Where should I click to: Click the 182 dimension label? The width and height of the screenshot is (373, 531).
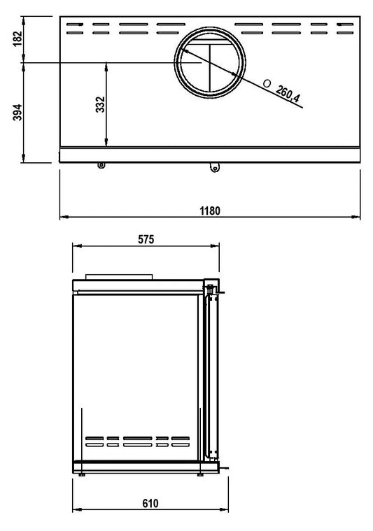[x=18, y=39]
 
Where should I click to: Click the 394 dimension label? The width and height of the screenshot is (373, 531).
[x=17, y=112]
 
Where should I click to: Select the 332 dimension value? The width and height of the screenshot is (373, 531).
[x=101, y=105]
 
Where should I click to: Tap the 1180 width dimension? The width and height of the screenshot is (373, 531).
[x=210, y=211]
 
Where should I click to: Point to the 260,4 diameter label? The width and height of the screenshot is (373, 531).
[x=288, y=94]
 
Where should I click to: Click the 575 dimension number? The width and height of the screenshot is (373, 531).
[x=146, y=239]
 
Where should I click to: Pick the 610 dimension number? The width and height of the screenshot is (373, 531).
[x=150, y=504]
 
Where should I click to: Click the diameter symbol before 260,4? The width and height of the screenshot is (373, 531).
[x=267, y=83]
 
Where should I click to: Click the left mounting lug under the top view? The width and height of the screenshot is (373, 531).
[x=101, y=165]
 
